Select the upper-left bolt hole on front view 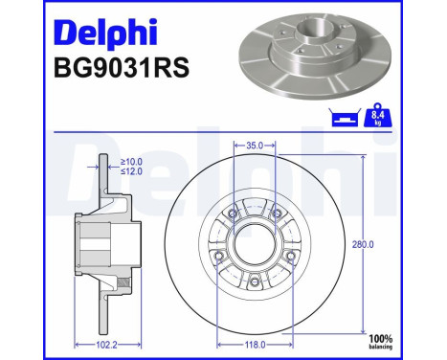click(226, 214)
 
